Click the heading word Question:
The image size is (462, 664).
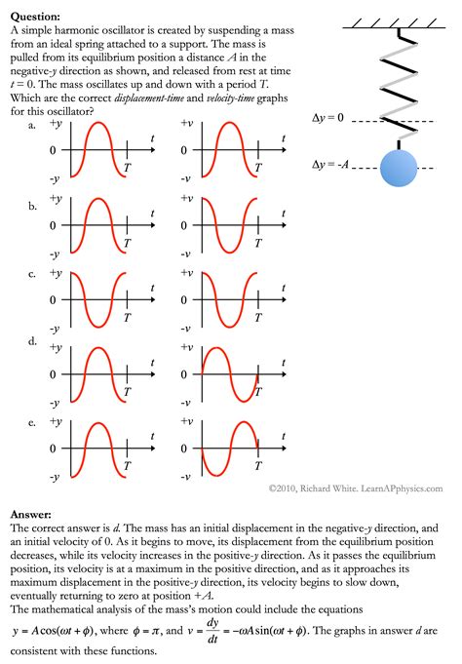click(35, 17)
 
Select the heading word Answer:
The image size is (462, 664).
click(31, 512)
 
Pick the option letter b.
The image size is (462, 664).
click(33, 207)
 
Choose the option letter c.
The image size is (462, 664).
click(33, 275)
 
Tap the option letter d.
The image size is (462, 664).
click(33, 342)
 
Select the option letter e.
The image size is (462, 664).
click(33, 423)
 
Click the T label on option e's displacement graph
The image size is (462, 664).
click(128, 466)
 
